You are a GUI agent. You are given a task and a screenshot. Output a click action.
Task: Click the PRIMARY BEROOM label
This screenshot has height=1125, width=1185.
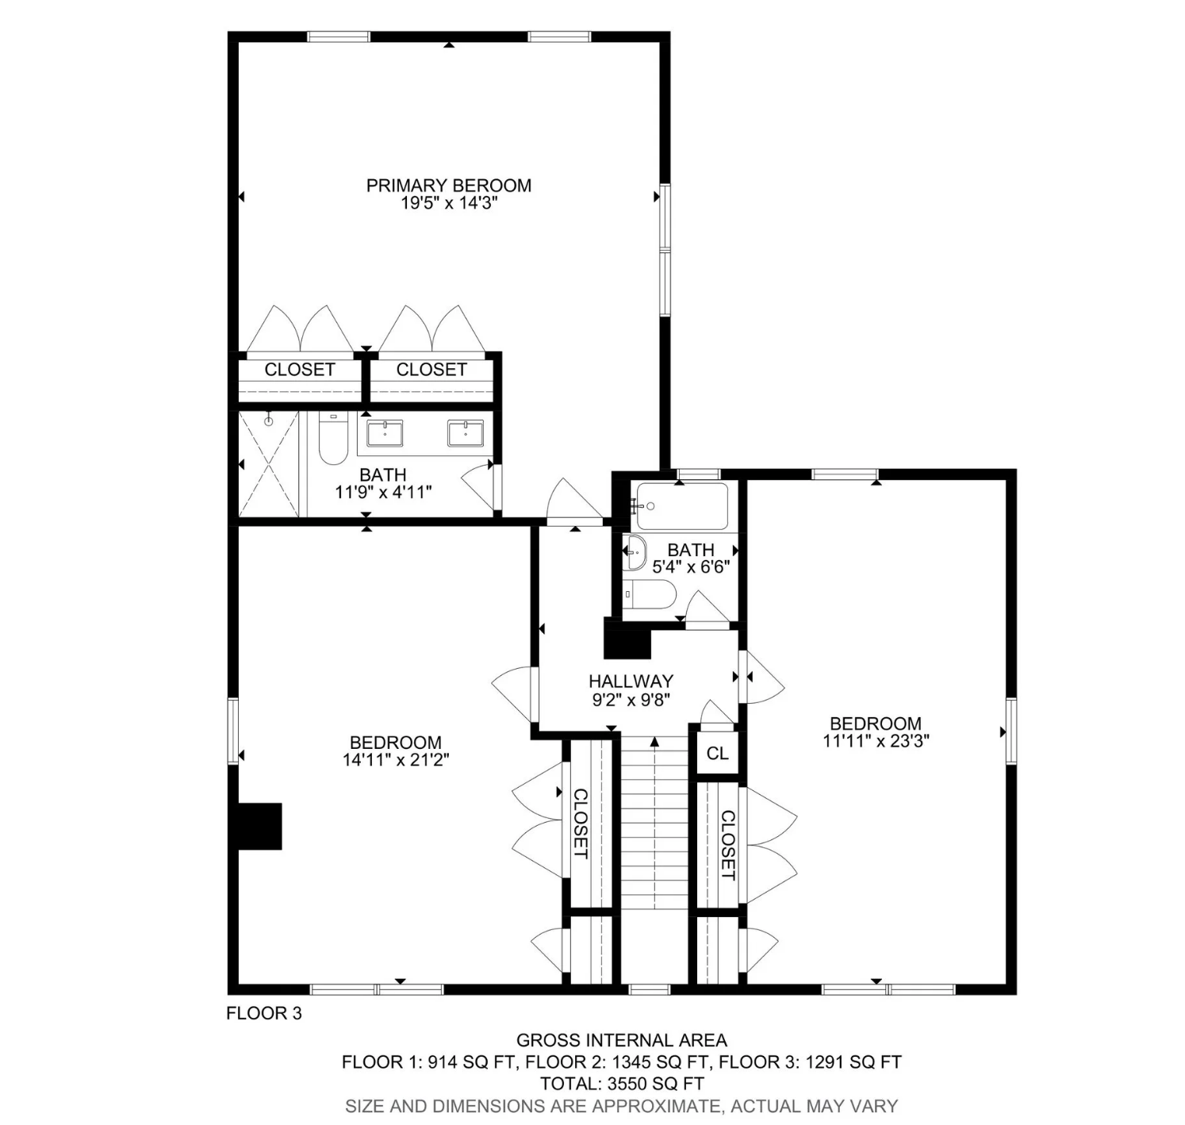point(448,185)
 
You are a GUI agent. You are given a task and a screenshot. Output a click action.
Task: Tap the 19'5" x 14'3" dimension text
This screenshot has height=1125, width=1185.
point(448,203)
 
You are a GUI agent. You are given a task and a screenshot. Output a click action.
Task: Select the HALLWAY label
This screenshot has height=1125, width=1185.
point(631,682)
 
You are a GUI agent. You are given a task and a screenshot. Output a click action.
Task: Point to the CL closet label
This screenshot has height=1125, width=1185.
point(717,753)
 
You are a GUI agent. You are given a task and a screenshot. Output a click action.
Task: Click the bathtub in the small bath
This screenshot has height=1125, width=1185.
point(681,506)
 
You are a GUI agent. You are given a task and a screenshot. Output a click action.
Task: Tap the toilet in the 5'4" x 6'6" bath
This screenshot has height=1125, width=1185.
point(649,594)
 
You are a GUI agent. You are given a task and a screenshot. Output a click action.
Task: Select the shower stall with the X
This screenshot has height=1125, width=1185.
point(269,463)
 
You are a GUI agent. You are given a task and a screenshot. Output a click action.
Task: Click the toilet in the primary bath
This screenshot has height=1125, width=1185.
point(333,438)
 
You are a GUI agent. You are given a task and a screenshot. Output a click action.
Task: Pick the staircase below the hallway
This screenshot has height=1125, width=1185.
point(654,824)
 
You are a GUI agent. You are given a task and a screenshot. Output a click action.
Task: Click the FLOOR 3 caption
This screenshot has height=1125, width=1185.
point(264,1013)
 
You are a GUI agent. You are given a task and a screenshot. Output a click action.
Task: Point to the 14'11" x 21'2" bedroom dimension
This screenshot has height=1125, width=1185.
point(396,759)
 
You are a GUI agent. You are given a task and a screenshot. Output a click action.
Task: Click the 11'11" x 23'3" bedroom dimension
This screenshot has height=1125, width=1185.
point(876,740)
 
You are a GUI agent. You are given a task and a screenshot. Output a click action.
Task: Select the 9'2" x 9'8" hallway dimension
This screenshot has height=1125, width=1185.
point(631,700)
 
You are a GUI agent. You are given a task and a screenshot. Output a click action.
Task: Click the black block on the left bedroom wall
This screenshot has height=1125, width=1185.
point(260,826)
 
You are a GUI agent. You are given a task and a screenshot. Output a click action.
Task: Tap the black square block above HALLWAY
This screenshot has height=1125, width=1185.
point(627,639)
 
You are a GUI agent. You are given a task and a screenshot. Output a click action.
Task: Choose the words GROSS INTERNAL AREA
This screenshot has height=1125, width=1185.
point(621,1040)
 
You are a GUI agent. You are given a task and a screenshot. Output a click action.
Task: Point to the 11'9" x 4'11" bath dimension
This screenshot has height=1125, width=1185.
point(383,493)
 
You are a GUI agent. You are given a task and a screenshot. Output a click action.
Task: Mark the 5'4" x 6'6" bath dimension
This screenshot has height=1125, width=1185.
point(691,566)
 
